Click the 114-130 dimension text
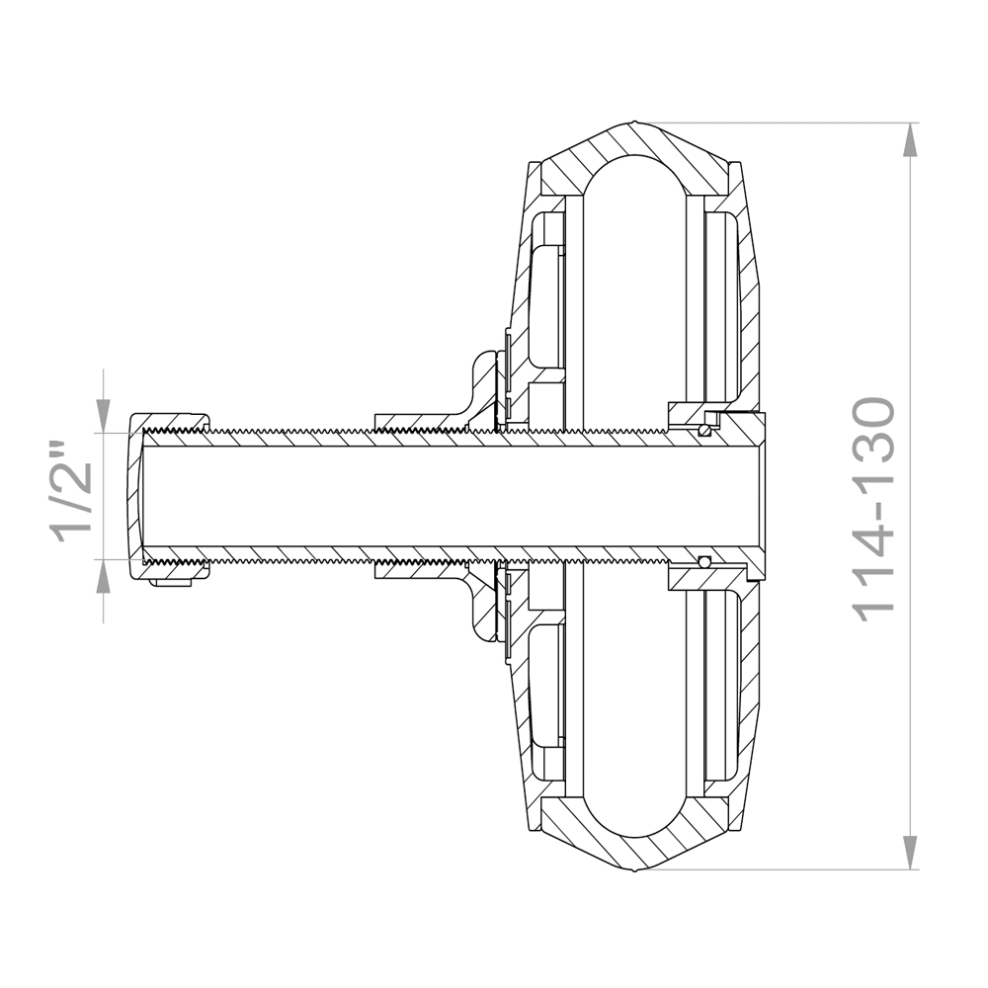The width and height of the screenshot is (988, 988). (873, 509)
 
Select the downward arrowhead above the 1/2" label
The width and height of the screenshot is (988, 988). (104, 416)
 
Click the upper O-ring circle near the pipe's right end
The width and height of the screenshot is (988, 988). (703, 429)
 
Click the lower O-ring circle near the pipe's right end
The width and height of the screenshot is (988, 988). (703, 561)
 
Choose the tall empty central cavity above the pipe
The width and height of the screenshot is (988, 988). (632, 296)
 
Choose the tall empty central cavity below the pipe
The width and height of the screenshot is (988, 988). (632, 692)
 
